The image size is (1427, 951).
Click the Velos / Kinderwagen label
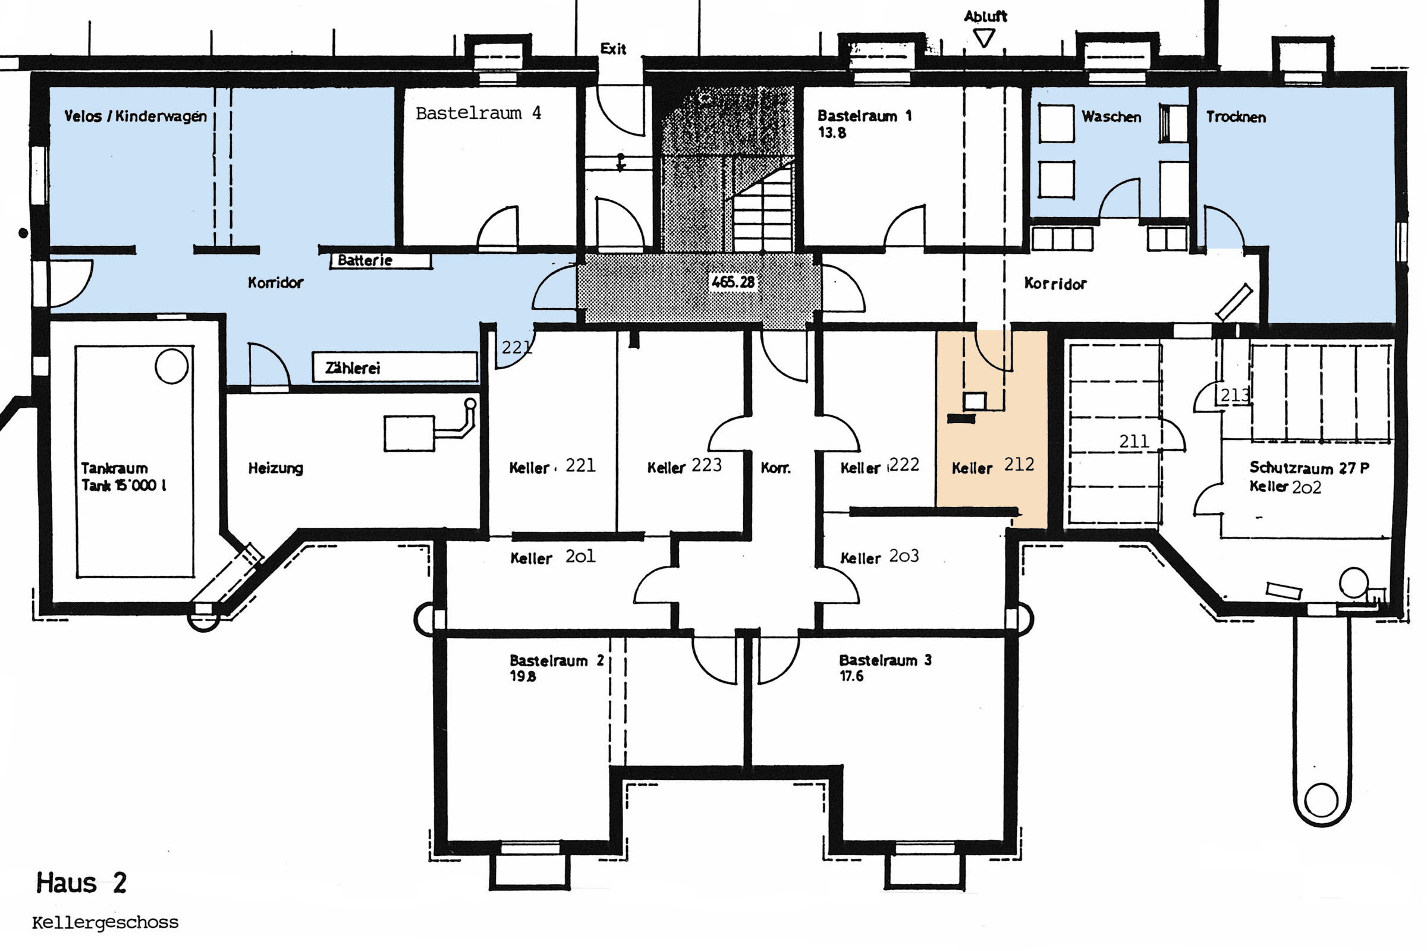136,116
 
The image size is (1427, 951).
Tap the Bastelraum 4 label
478,113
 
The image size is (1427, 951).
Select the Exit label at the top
613,49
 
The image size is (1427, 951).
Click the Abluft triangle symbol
984,39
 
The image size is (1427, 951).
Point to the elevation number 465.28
733,282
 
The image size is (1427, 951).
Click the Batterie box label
381,261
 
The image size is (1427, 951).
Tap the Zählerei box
395,367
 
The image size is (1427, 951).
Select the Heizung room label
275,468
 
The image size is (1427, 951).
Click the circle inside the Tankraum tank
172,366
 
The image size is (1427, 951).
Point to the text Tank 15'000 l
124,485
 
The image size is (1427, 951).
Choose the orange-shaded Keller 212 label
992,465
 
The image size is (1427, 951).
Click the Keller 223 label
684,466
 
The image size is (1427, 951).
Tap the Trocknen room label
1236,117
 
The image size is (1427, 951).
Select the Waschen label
1111,116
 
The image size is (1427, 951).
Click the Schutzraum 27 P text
1309,468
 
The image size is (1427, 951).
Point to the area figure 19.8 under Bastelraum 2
523,676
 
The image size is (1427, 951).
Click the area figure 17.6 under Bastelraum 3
851,676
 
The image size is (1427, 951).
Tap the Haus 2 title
81,883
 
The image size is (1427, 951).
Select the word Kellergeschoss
105,923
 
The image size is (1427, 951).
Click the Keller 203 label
879,557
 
